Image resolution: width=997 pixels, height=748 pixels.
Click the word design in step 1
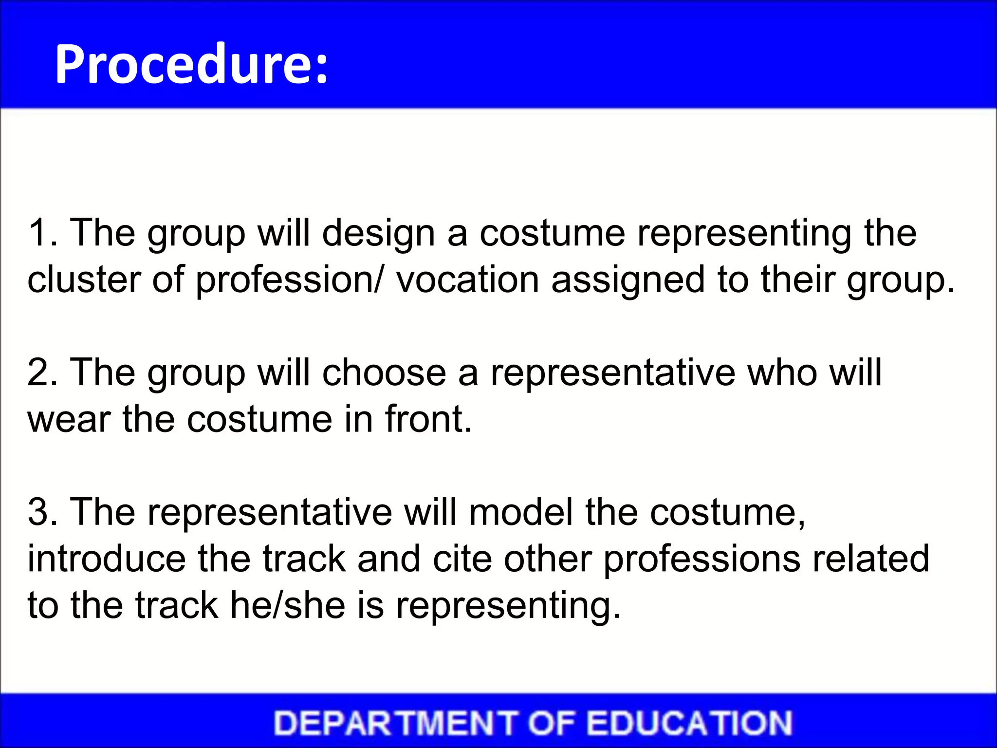point(378,234)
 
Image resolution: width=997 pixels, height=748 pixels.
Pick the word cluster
point(83,280)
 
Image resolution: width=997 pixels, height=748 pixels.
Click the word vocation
point(467,280)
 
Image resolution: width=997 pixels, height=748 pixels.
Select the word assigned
point(628,280)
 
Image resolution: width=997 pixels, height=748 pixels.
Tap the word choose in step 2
point(384,373)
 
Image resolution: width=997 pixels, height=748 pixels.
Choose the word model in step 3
point(521,512)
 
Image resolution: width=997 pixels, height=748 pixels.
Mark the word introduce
point(107,559)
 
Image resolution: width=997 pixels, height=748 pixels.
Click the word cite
point(462,559)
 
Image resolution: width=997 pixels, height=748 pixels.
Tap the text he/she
point(288,605)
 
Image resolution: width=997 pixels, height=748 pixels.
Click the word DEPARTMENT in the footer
point(395,723)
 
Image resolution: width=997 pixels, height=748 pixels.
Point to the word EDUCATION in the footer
point(689,723)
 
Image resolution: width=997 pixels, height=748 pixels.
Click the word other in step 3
point(548,559)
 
